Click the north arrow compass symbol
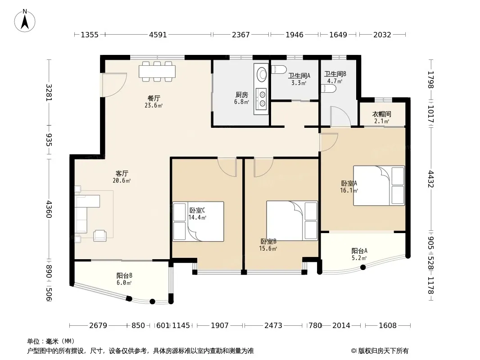[25, 21]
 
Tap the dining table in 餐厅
[157, 72]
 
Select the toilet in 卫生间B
[329, 89]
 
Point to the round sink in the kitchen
[262, 74]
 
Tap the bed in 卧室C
[198, 221]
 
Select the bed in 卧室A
[379, 186]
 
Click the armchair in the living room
[100, 235]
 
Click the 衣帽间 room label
[381, 114]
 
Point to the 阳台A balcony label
[359, 251]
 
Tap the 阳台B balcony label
[124, 275]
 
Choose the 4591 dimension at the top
[158, 35]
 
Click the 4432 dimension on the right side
[431, 179]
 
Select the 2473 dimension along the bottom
[273, 325]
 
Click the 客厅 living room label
[122, 174]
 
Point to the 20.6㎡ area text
[122, 181]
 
